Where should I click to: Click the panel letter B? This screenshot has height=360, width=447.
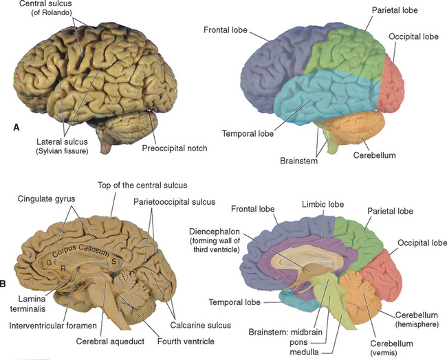[x=6, y=282]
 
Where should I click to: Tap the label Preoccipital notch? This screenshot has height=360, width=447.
[x=175, y=147]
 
